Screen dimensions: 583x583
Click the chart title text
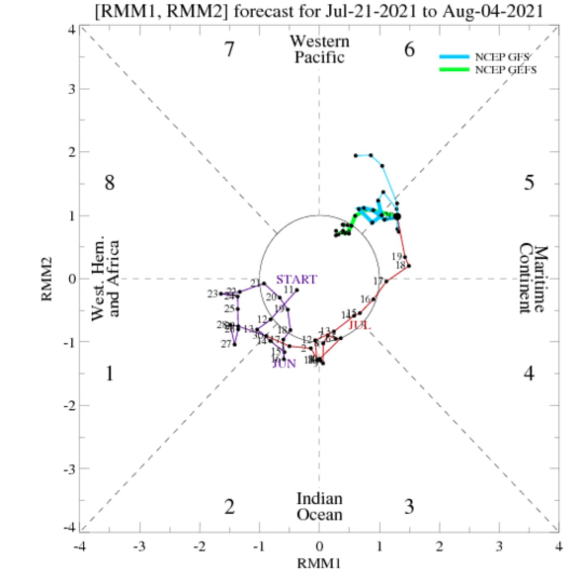click(319, 11)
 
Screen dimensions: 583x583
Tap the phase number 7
click(229, 49)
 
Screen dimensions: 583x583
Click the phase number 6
click(409, 49)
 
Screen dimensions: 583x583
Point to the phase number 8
click(109, 183)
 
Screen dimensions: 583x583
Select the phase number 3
click(409, 507)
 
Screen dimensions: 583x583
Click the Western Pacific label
click(319, 49)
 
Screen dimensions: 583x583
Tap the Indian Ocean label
click(319, 507)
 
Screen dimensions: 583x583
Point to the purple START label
click(296, 279)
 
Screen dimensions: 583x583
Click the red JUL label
click(360, 325)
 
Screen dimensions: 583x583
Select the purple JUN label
click(284, 364)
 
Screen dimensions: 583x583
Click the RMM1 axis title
click(319, 564)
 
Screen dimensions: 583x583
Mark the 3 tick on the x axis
click(499, 547)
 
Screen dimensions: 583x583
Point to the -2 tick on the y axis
click(70, 405)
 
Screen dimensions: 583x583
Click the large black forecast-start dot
click(397, 217)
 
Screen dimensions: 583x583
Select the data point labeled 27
click(234, 344)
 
